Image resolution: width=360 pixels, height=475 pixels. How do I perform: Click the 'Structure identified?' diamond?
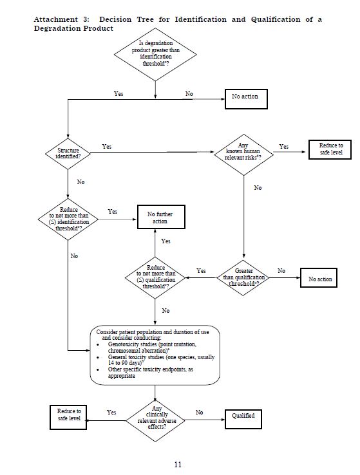coord(68,154)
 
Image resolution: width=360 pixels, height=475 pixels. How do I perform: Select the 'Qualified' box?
coord(243,419)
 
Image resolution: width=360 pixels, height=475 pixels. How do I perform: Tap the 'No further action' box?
coord(161,217)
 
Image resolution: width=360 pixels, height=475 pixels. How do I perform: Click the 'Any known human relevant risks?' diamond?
coord(243,155)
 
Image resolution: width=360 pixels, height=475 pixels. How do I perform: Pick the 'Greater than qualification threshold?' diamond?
coord(243,277)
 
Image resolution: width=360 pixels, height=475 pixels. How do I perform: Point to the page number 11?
coord(178,464)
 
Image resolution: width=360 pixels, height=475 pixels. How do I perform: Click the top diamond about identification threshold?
coord(155,55)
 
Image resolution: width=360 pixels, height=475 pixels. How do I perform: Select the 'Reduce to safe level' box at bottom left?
coord(68,418)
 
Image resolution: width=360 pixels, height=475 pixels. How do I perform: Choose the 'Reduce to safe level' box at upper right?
coord(330,149)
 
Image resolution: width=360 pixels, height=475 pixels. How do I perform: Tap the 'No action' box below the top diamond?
coord(246,98)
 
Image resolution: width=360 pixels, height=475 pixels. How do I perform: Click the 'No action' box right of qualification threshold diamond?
coord(319,278)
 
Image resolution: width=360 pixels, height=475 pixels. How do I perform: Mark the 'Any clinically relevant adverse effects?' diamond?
coord(155,420)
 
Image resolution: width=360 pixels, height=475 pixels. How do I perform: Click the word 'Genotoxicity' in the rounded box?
coord(123,344)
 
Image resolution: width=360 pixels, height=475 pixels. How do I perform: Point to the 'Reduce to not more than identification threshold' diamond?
coord(68,219)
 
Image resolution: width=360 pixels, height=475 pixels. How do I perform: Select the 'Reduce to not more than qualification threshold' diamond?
coord(155,277)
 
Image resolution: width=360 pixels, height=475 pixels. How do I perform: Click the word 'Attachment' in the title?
coord(56,20)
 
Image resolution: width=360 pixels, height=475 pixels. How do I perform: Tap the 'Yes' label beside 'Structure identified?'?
coord(107,147)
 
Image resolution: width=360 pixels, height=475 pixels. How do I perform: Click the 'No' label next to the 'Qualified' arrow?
coord(199,413)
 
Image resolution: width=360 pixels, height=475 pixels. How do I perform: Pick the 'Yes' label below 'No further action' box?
coord(166,241)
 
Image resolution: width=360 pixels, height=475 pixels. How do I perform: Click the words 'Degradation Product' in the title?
coord(73,29)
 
